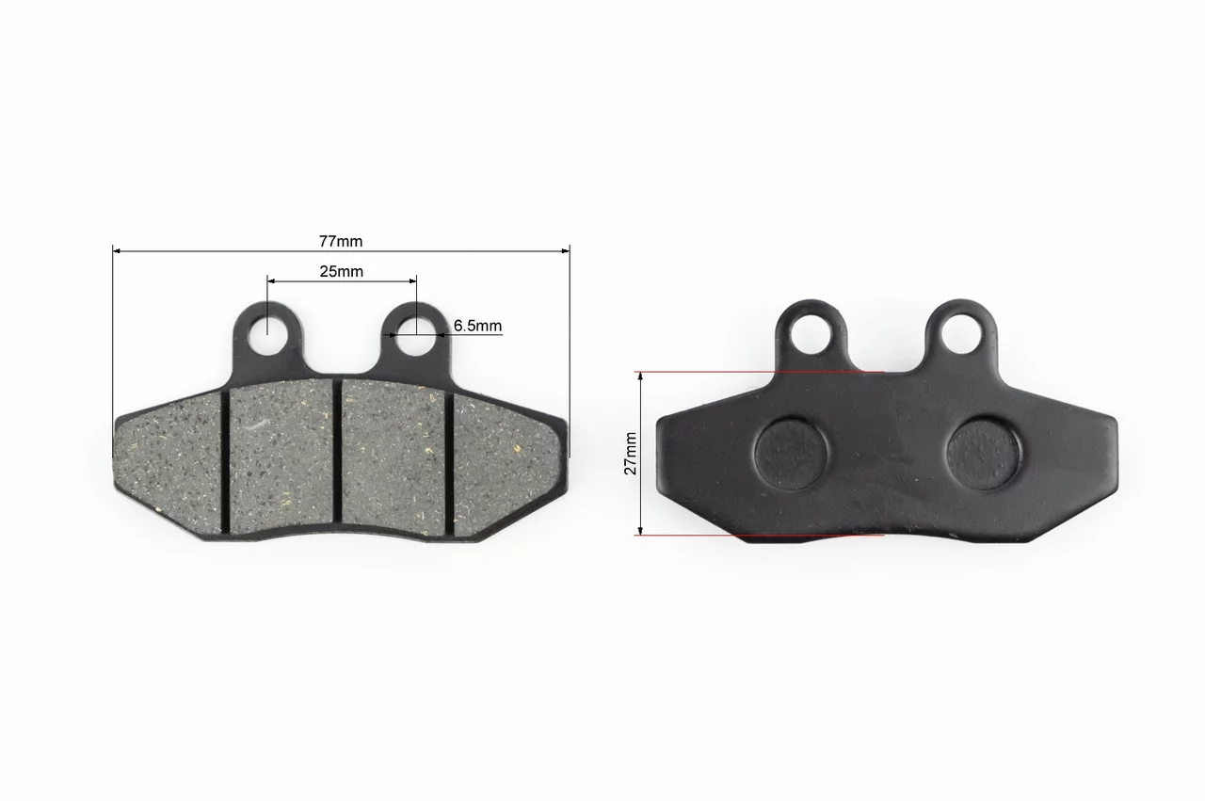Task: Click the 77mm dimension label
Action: tap(341, 241)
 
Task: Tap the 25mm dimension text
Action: tap(341, 271)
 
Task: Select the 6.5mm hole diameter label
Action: tap(477, 326)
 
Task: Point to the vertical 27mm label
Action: tap(631, 453)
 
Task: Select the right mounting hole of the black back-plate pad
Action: tap(961, 333)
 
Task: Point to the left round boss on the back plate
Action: tap(792, 455)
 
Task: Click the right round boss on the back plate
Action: tap(984, 453)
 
